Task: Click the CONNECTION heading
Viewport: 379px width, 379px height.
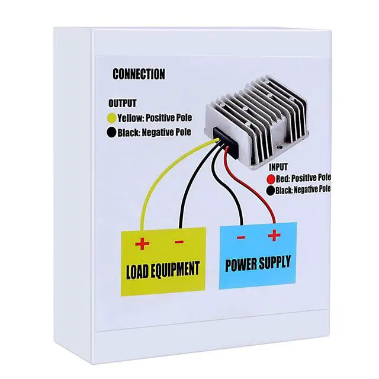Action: [x=139, y=75]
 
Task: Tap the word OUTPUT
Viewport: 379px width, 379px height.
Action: [x=122, y=104]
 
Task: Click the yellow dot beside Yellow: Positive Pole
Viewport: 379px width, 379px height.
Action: [x=111, y=118]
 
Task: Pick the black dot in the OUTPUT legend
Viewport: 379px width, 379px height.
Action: [x=111, y=133]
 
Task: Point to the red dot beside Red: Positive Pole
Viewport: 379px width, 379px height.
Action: [x=271, y=178]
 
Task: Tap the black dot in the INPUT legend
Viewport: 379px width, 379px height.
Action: [x=271, y=190]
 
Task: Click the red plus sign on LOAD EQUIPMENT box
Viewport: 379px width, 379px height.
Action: [x=142, y=243]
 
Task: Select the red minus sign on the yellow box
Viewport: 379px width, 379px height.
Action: [x=179, y=242]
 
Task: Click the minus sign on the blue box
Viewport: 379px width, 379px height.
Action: [x=242, y=237]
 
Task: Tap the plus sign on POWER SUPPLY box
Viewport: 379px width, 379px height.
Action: [x=274, y=236]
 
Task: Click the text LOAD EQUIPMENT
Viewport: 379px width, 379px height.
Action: [x=163, y=269]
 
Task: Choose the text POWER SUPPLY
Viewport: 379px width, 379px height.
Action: [x=258, y=264]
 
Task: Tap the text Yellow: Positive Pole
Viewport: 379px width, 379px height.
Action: [x=155, y=118]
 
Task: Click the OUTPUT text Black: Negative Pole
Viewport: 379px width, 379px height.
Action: [x=154, y=133]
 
